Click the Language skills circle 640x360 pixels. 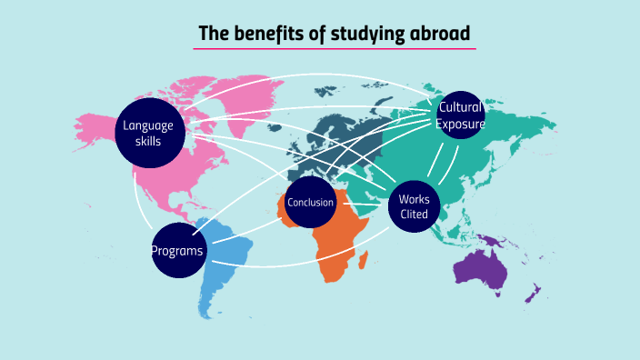pyautogui.click(x=148, y=133)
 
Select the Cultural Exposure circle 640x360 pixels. pyautogui.click(x=460, y=115)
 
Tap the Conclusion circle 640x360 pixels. pyautogui.click(x=310, y=202)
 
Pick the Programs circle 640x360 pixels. pyautogui.click(x=177, y=249)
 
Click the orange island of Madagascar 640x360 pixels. pyautogui.click(x=364, y=261)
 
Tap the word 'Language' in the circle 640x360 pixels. pyautogui.click(x=148, y=125)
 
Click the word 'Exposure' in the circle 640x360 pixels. pyautogui.click(x=460, y=124)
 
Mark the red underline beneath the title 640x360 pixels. pyautogui.click(x=335, y=48)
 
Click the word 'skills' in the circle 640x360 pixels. pyautogui.click(x=148, y=141)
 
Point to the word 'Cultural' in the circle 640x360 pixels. pyautogui.click(x=460, y=107)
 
